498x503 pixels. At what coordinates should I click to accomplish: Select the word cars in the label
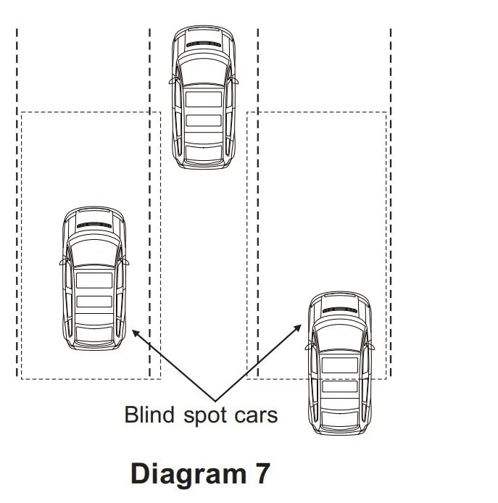pos(254,416)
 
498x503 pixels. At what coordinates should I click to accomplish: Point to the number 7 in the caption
pos(262,473)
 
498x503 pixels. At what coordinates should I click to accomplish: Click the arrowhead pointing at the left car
pos(134,332)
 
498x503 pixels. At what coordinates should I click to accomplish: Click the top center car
pos(204,98)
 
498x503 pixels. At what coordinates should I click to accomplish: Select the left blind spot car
pos(94,279)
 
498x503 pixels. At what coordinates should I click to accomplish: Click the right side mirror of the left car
pos(125,259)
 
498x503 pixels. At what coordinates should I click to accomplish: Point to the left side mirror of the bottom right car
pos(308,345)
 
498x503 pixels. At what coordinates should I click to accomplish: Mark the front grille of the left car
pos(94,225)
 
